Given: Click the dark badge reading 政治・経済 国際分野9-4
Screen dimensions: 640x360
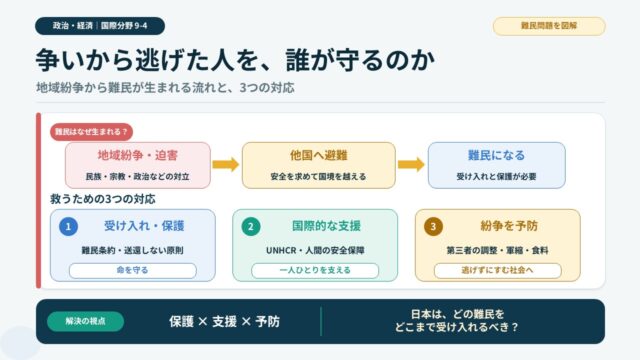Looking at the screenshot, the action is tap(100, 26).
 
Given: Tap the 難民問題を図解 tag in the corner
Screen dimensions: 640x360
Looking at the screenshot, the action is tap(549, 26).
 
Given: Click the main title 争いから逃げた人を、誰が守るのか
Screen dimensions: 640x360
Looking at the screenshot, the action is tap(236, 60).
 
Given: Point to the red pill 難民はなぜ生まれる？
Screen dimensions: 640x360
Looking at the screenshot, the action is tap(91, 132).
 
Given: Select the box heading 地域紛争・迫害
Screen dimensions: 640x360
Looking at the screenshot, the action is tap(138, 156).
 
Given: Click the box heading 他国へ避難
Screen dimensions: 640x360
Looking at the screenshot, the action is tap(318, 156).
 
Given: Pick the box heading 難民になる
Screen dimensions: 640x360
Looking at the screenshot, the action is tap(496, 156).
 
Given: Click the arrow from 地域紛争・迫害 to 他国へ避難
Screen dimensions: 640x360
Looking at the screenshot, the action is tap(226, 164).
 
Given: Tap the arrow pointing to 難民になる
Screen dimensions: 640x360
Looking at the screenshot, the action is tap(411, 164).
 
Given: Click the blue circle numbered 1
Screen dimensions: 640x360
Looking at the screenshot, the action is tap(68, 227).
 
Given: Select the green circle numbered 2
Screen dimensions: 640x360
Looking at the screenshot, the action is tap(251, 227).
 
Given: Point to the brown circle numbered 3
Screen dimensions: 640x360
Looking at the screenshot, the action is tap(433, 227).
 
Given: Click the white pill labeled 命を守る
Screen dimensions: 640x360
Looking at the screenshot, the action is tap(133, 271).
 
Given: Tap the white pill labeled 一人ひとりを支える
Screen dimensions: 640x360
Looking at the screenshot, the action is tap(315, 271).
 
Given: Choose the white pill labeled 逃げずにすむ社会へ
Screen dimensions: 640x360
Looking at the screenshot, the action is tap(498, 271).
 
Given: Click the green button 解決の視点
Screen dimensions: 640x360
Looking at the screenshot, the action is tap(86, 322).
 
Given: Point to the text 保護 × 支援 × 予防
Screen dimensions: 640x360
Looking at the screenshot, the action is tap(224, 322).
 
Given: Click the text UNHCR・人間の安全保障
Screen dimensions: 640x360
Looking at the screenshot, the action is tap(315, 250).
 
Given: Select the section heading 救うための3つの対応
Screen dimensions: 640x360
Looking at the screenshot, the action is tap(103, 199).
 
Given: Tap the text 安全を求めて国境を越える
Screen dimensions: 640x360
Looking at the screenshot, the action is tap(318, 177).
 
